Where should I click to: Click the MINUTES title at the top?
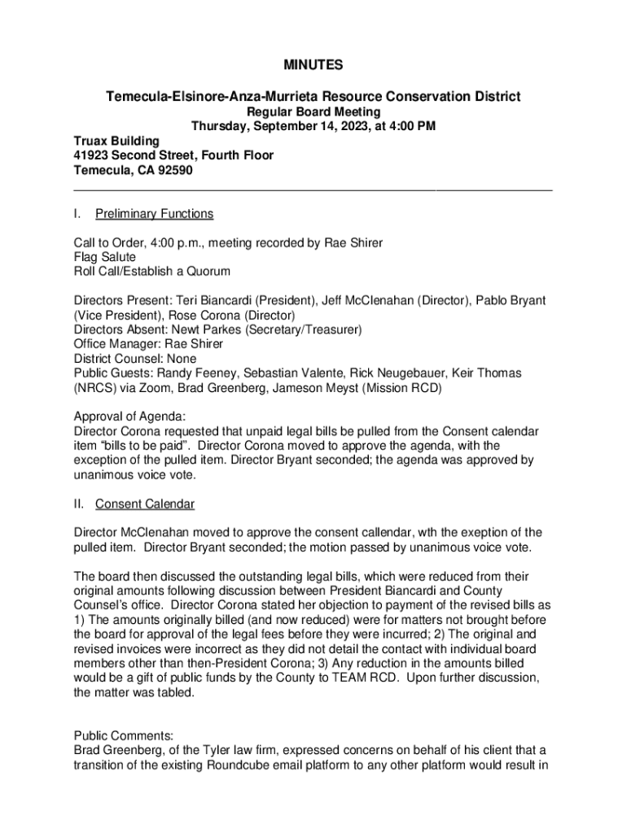[313, 64]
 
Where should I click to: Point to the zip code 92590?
[173, 170]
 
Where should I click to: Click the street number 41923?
[90, 155]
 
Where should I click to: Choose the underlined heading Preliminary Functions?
[154, 214]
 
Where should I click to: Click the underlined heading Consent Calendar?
[144, 504]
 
